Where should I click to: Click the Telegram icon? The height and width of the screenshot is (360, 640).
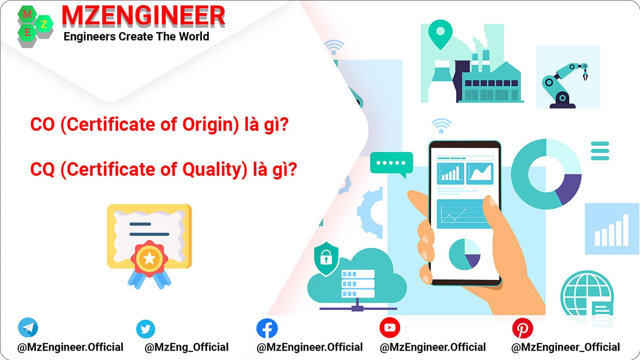coord(28,328)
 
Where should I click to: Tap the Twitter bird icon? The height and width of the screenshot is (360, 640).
coord(145,329)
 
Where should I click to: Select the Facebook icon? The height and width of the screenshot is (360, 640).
coord(267,328)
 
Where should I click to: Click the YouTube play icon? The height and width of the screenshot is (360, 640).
coord(389,328)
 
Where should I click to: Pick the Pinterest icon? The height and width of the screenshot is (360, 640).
coord(522,328)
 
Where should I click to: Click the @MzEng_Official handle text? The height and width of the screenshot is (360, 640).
coord(186,347)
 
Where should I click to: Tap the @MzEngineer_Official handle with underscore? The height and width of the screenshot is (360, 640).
coord(565,347)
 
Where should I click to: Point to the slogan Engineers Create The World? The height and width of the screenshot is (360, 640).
coord(136,36)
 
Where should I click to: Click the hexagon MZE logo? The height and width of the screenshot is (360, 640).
coord(35,26)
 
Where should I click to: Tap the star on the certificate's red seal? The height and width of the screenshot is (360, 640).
coord(149,257)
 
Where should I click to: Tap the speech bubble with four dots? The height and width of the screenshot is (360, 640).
coord(391,164)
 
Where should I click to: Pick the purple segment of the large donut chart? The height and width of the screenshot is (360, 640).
coord(568,187)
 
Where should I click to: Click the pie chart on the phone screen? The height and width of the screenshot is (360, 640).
coord(464,254)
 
